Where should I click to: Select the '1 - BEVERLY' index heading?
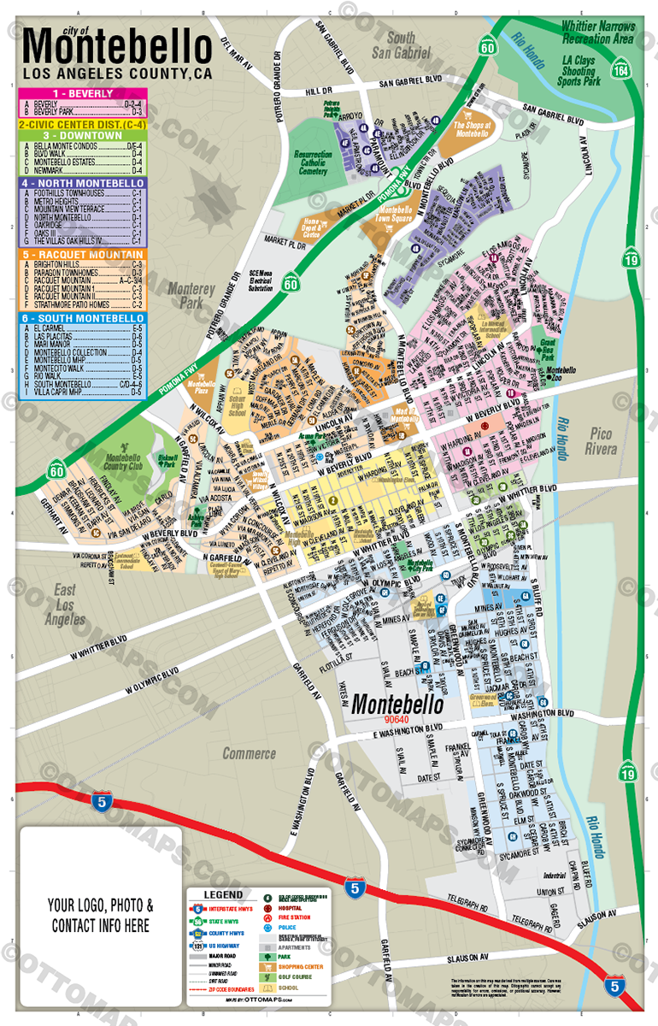82,93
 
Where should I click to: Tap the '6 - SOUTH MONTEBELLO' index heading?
82,318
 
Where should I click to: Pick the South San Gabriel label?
402,44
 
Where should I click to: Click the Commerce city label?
250,753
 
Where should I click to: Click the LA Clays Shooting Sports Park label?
578,66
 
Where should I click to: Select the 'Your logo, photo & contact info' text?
102,915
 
